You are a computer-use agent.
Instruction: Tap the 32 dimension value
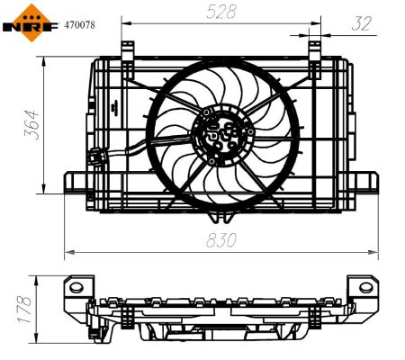tap(363, 22)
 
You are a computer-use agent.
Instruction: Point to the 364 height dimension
tap(31, 125)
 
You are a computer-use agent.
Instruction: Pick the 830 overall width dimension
tap(222, 240)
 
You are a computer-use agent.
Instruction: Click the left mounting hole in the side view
tap(77, 289)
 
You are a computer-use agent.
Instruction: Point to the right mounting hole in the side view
tap(365, 289)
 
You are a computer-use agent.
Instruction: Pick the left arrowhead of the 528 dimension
tap(125, 23)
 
